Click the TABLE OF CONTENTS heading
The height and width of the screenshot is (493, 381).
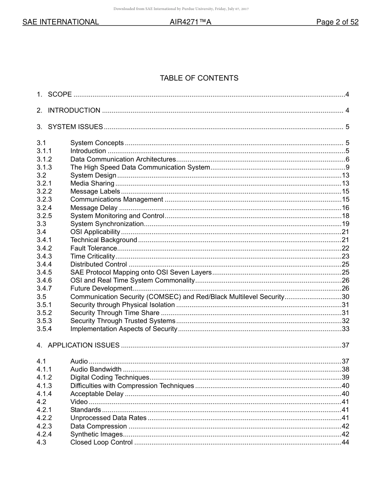coord(199,78)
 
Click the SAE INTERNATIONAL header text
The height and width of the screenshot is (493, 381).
coord(61,22)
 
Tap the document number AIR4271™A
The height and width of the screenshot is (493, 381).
coord(190,22)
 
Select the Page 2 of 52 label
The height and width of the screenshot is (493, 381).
coord(337,22)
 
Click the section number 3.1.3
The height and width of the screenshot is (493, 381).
coord(44,167)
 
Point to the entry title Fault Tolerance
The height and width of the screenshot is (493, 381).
coord(93,248)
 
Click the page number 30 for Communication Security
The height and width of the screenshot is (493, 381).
coord(345,297)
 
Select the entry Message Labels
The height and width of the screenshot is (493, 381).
coord(95,192)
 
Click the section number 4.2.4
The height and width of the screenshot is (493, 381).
coord(44,434)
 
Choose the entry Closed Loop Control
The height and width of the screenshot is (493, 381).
coord(101,442)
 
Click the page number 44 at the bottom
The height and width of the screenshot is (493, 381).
coord(345,442)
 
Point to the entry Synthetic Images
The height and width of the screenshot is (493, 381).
coord(96,434)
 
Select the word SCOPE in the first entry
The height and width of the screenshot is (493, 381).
coord(60,95)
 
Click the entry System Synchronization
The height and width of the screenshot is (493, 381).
coord(107,224)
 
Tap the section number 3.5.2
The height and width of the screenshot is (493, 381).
coord(44,313)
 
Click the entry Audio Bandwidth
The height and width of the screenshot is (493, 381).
coord(96,369)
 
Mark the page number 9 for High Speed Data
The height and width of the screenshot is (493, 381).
coord(347,167)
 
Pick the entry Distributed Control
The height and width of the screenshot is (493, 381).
coord(99,264)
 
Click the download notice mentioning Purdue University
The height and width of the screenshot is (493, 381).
coord(181,9)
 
